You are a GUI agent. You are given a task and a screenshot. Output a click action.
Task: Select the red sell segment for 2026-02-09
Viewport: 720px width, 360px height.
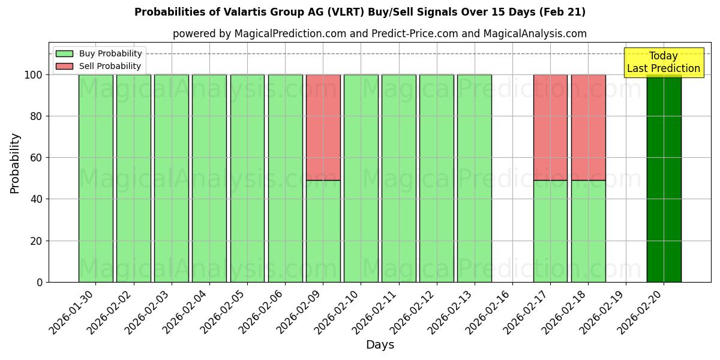323,127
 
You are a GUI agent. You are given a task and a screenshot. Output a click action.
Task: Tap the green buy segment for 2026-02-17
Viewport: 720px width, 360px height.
550,231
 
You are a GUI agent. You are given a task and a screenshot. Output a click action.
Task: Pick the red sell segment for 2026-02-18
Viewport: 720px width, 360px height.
588,127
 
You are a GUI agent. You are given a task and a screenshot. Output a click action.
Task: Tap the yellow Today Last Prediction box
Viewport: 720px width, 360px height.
663,63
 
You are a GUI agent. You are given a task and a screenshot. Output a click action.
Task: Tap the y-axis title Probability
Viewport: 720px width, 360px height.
15,163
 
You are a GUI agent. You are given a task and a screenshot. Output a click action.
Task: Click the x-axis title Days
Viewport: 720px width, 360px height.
380,345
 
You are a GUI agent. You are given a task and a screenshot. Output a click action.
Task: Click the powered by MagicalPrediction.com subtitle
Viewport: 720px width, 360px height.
379,34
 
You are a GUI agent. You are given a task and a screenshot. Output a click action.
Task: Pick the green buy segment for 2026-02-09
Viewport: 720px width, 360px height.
323,231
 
